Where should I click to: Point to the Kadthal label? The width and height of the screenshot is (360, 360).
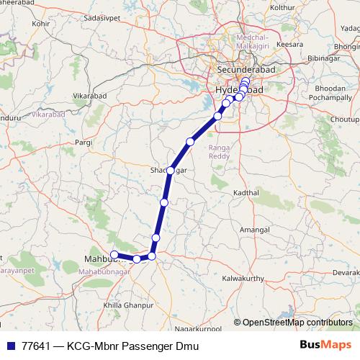[x=246, y=194]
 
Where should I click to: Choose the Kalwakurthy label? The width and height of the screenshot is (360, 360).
[x=244, y=278]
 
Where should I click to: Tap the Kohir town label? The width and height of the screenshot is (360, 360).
[x=41, y=24]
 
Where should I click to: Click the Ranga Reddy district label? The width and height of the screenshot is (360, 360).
[x=218, y=152]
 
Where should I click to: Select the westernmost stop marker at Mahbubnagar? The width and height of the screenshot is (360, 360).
[x=114, y=254]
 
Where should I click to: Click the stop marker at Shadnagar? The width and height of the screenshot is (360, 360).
[x=171, y=171]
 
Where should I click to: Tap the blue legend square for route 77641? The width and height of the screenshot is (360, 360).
[x=9, y=343]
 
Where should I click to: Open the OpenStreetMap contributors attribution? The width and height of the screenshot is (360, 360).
[x=297, y=322]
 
